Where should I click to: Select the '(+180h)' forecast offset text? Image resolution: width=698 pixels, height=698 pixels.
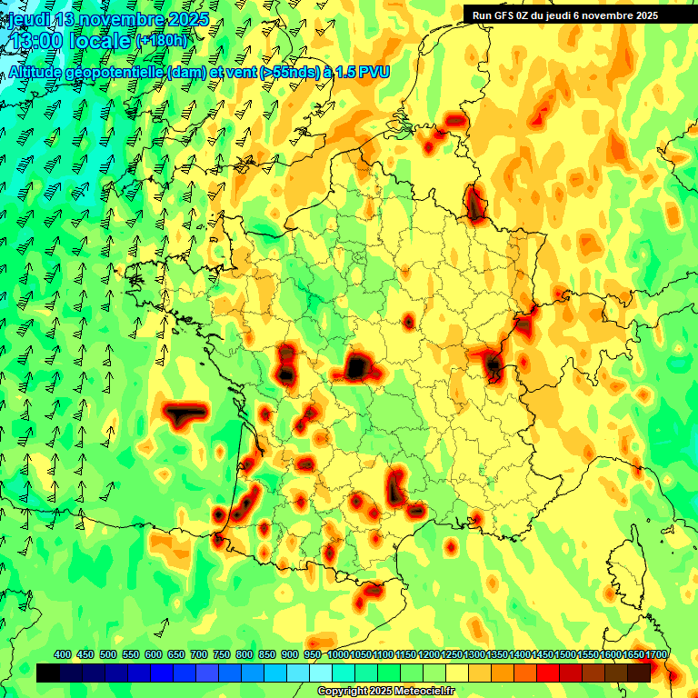(x=162, y=41)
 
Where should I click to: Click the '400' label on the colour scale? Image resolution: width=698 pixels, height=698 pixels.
(x=63, y=655)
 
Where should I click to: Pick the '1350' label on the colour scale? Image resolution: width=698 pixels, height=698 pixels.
(x=497, y=655)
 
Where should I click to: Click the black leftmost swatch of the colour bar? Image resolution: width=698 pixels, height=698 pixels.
(x=48, y=673)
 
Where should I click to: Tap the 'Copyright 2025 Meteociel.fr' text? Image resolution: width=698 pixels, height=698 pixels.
(x=384, y=692)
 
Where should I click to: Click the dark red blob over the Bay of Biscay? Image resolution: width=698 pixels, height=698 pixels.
(x=184, y=414)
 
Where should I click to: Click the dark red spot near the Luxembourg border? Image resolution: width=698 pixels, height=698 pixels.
(x=474, y=204)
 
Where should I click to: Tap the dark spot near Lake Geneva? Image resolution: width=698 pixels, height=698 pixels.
(x=494, y=365)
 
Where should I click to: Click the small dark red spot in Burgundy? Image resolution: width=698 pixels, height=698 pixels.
(x=409, y=321)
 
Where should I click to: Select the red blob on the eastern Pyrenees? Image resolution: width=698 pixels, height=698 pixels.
(x=370, y=593)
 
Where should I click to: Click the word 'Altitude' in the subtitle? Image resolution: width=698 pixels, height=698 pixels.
(x=35, y=73)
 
